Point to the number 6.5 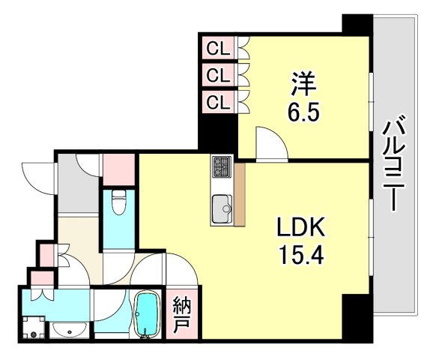[303, 112]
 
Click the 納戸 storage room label [181, 315]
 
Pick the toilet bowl [118, 202]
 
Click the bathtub [147, 313]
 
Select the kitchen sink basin [222, 208]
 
